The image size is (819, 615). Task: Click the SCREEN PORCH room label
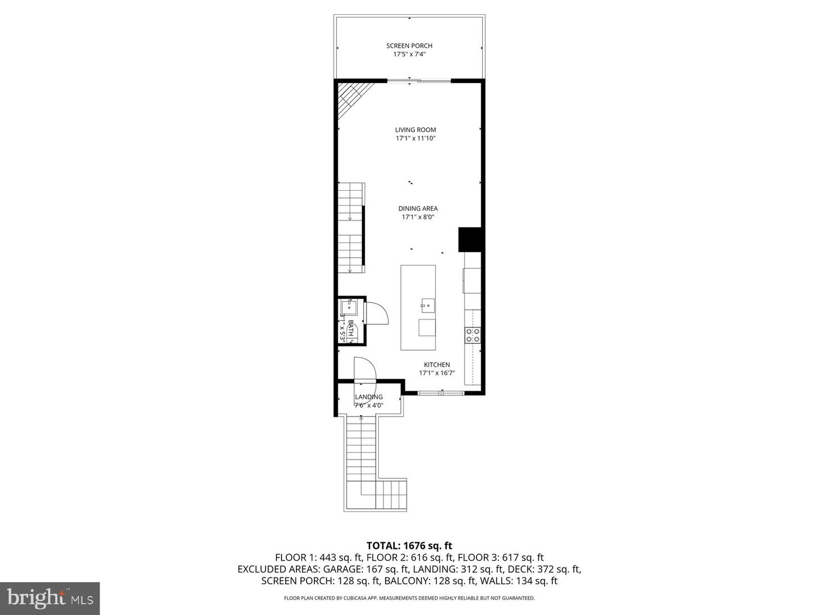tap(409, 46)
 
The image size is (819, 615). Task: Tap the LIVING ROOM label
tap(416, 130)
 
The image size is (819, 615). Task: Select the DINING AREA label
tap(418, 208)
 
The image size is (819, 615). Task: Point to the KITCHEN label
tap(437, 365)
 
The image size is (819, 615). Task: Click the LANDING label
tap(369, 397)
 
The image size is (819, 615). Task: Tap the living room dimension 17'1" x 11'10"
tap(416, 138)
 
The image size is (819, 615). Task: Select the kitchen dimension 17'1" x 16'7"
tap(437, 374)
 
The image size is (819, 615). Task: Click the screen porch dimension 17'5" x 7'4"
tap(409, 55)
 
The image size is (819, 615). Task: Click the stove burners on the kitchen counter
tap(473, 335)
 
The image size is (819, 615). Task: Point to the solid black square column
tap(470, 240)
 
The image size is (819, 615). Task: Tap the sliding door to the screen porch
tap(419, 81)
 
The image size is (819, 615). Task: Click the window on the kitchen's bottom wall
tap(441, 392)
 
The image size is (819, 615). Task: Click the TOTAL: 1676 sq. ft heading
tap(409, 546)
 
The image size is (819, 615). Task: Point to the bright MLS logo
tap(50, 598)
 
